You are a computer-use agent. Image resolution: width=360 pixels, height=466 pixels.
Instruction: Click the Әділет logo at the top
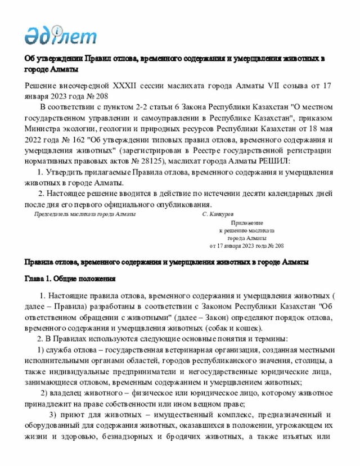tap(60, 35)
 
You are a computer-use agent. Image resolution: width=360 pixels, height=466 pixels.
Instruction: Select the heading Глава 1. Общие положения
tap(70, 279)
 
